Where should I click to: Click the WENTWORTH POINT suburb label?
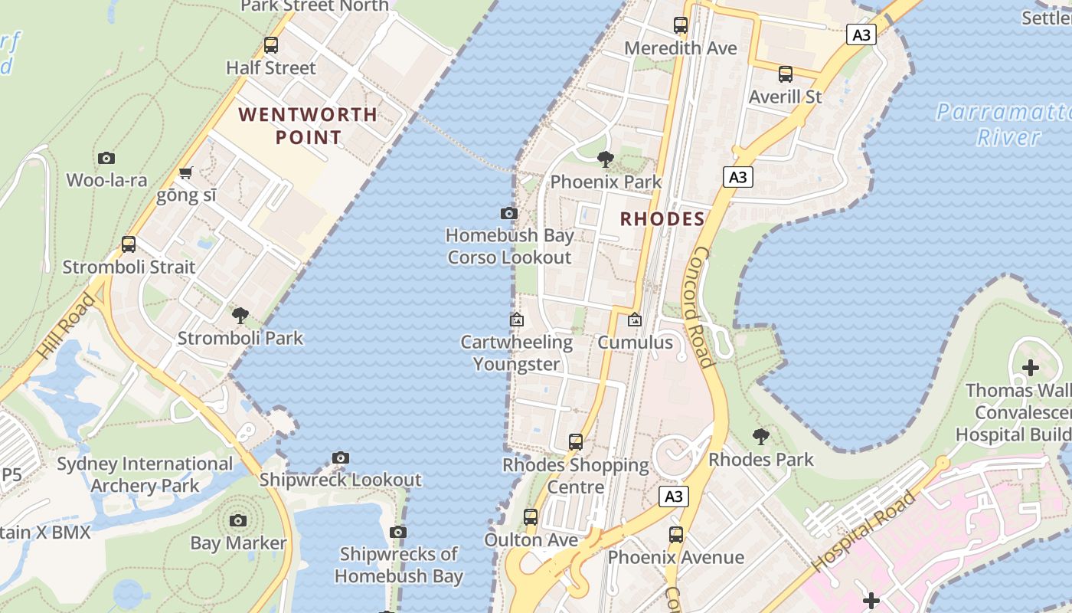(x=308, y=126)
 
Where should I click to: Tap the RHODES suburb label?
(x=662, y=219)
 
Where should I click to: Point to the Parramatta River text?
(x=1003, y=124)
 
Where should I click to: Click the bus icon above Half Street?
(x=271, y=45)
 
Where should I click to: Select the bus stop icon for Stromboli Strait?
(x=129, y=244)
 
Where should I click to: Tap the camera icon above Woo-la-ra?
(x=106, y=159)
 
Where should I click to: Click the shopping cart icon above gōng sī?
(x=185, y=173)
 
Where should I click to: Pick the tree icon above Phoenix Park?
(x=606, y=159)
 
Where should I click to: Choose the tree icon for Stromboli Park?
(x=240, y=315)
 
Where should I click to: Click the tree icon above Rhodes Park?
(x=760, y=437)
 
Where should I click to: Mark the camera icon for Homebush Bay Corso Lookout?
(x=509, y=213)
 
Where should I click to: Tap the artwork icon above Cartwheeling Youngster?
(x=517, y=320)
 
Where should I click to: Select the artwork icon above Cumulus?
(x=635, y=320)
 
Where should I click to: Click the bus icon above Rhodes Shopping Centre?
(x=576, y=442)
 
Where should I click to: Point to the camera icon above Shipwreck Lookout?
(x=341, y=458)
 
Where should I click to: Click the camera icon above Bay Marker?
(x=238, y=521)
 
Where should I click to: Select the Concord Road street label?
(x=703, y=306)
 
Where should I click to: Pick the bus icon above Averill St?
(x=786, y=74)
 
